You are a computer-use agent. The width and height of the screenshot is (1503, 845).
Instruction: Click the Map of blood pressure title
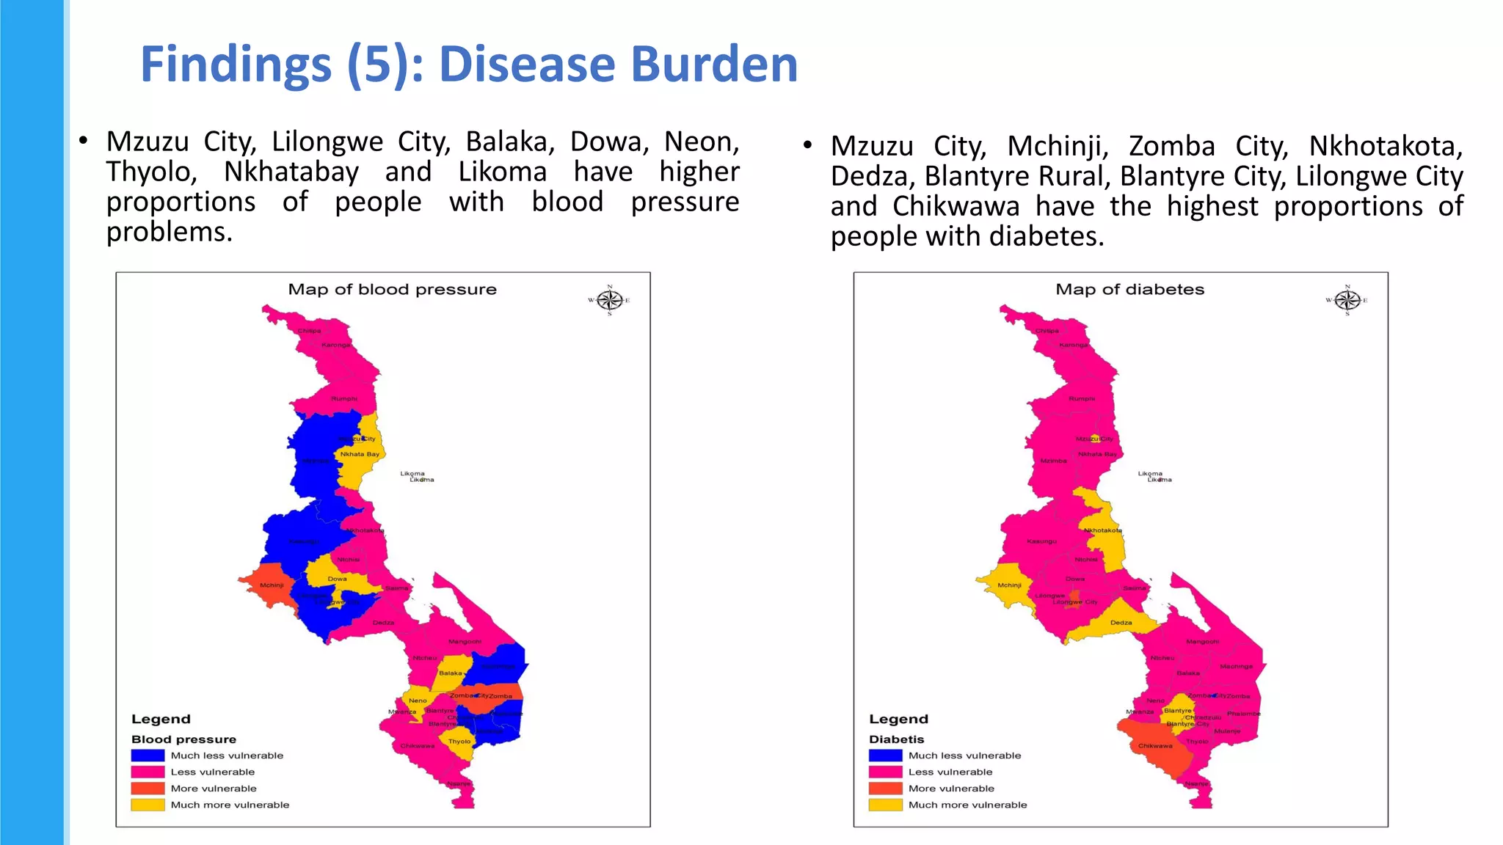pyautogui.click(x=392, y=289)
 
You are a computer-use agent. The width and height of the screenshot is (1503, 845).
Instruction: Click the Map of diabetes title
pyautogui.click(x=1129, y=289)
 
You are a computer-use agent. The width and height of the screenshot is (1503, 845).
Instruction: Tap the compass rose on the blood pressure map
pyautogui.click(x=609, y=300)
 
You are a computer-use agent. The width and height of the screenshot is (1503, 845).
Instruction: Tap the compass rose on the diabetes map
pyautogui.click(x=1347, y=300)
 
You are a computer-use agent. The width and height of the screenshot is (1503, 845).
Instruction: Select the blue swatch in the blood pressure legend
pyautogui.click(x=148, y=755)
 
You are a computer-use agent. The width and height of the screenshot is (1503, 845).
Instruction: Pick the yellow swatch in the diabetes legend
pyautogui.click(x=885, y=805)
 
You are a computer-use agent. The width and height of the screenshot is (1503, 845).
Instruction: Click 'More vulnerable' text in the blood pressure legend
pyautogui.click(x=214, y=789)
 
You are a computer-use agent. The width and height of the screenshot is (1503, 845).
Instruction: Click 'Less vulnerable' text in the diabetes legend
pyautogui.click(x=950, y=772)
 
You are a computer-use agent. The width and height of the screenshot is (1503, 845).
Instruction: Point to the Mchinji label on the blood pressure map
pyautogui.click(x=272, y=585)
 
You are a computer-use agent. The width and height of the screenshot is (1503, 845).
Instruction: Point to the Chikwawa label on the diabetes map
pyautogui.click(x=1155, y=746)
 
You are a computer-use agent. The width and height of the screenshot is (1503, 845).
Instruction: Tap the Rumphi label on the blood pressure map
pyautogui.click(x=344, y=399)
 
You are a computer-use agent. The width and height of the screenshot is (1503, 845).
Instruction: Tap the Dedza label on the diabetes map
pyautogui.click(x=1121, y=623)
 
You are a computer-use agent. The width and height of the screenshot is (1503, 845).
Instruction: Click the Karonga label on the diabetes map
pyautogui.click(x=1074, y=345)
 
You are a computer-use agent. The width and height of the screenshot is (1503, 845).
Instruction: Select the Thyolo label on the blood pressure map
pyautogui.click(x=459, y=742)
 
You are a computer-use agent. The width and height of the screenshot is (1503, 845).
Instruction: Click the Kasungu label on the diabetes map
pyautogui.click(x=1041, y=541)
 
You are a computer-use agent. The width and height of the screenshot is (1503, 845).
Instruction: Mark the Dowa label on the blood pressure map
pyautogui.click(x=337, y=579)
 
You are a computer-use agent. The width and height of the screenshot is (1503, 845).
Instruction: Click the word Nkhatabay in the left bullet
pyautogui.click(x=291, y=172)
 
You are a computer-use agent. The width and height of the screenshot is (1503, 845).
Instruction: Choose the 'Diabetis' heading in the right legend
pyautogui.click(x=896, y=739)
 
